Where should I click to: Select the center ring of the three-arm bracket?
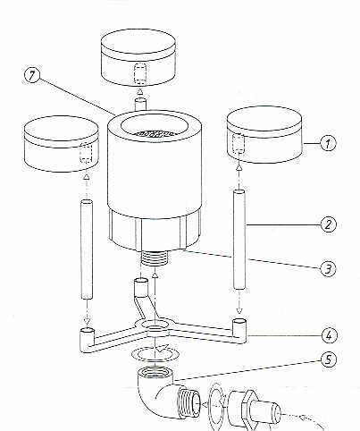pyautogui.click(x=156, y=327)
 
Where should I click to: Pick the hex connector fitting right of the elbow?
pyautogui.click(x=252, y=408)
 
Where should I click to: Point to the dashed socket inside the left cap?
pyautogui.click(x=86, y=152)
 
